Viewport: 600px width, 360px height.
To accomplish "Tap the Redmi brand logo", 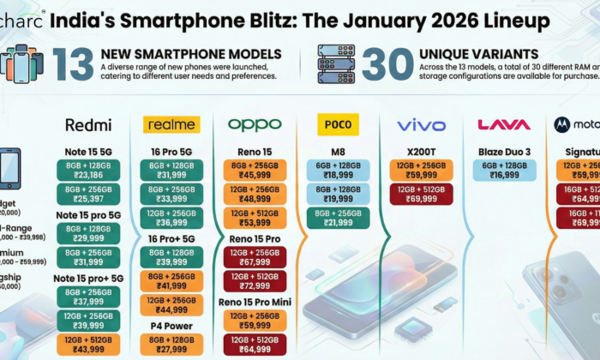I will coord(88,125).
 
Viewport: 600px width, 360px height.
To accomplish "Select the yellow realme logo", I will coord(171,125).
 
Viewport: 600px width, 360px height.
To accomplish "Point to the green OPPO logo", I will coord(254,125).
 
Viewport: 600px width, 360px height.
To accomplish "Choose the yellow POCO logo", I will coord(338,125).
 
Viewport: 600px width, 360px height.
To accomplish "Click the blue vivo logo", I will coord(421,125).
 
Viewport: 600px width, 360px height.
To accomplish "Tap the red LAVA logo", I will coord(504,125).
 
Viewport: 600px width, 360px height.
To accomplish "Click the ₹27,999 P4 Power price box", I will coord(171,345).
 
